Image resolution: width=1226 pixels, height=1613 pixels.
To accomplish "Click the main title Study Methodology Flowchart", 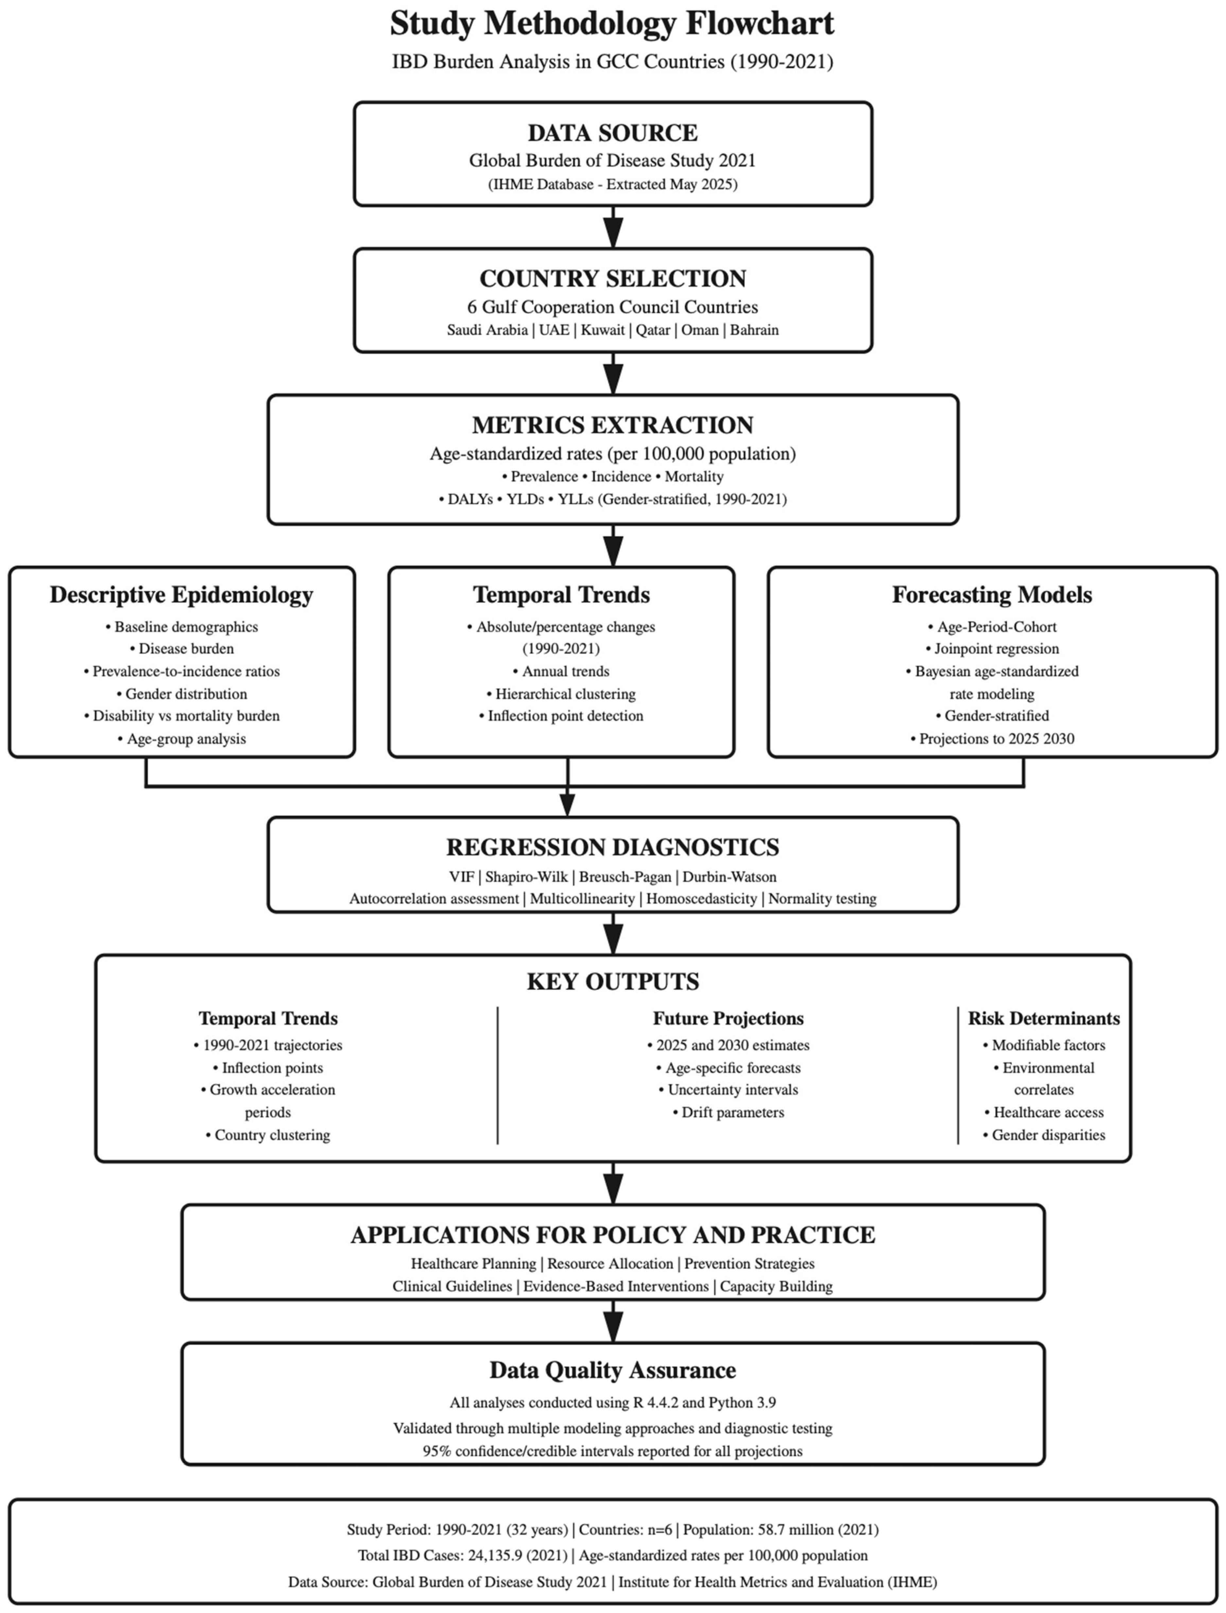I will pyautogui.click(x=612, y=23).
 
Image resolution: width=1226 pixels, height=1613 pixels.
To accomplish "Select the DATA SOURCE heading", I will pyautogui.click(x=612, y=133).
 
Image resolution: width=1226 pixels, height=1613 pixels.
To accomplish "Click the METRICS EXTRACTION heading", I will pyautogui.click(x=612, y=425).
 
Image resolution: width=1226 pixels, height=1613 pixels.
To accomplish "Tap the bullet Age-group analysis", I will pyautogui.click(x=186, y=739).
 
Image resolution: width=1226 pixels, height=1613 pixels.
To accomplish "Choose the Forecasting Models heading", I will pyautogui.click(x=992, y=595).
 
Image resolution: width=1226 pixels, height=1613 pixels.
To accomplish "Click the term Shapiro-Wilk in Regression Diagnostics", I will pyautogui.click(x=526, y=877).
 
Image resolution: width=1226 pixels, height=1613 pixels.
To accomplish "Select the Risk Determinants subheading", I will pyautogui.click(x=1044, y=1018).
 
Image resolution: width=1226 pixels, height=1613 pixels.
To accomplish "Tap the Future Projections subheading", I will pyautogui.click(x=728, y=1018).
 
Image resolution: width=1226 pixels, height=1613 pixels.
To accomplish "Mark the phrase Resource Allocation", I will pyautogui.click(x=610, y=1263).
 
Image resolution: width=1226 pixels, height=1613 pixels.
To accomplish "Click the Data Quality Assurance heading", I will pyautogui.click(x=612, y=1370).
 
